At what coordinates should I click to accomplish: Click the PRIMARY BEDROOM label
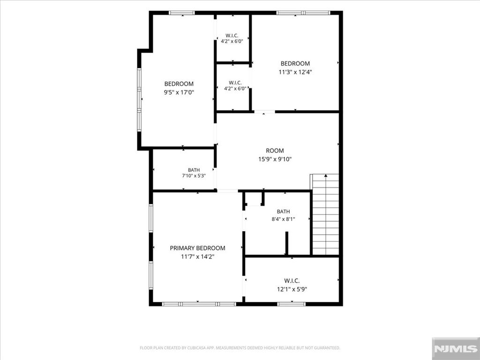pyautogui.click(x=197, y=248)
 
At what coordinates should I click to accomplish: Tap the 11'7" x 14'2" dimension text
pyautogui.click(x=197, y=256)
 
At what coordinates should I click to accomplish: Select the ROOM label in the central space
pyautogui.click(x=275, y=150)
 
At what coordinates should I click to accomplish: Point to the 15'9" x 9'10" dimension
pyautogui.click(x=275, y=159)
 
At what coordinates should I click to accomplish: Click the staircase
pyautogui.click(x=325, y=214)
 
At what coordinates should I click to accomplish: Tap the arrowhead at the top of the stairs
pyautogui.click(x=326, y=175)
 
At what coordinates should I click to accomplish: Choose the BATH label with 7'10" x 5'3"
pyautogui.click(x=194, y=170)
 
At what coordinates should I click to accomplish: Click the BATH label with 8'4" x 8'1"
pyautogui.click(x=283, y=211)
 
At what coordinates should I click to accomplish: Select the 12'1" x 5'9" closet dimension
pyautogui.click(x=292, y=289)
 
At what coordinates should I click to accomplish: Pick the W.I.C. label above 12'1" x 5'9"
pyautogui.click(x=292, y=281)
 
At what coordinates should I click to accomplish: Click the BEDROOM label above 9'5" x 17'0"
pyautogui.click(x=179, y=84)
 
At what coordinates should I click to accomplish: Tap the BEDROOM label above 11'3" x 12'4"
pyautogui.click(x=295, y=64)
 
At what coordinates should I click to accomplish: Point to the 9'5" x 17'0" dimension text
pyautogui.click(x=179, y=92)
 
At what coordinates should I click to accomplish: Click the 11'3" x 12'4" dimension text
pyautogui.click(x=295, y=72)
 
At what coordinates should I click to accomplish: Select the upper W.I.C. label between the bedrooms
pyautogui.click(x=232, y=36)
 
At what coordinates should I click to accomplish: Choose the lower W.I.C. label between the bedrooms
pyautogui.click(x=235, y=83)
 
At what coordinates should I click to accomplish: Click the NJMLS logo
pyautogui.click(x=456, y=349)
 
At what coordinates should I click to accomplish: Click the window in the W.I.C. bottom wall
pyautogui.click(x=292, y=304)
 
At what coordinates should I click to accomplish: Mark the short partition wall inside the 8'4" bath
pyautogui.click(x=286, y=243)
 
